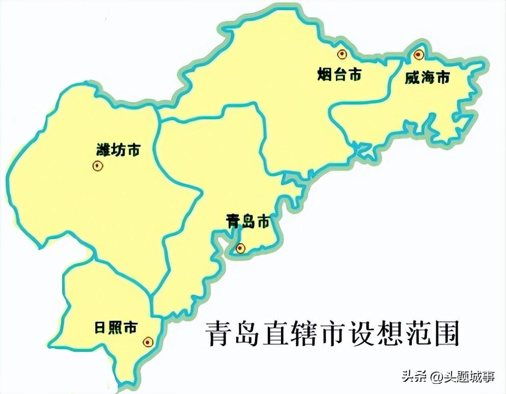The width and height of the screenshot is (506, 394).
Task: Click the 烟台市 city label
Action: pos(339,75)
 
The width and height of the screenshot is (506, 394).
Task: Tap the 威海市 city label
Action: pos(428,78)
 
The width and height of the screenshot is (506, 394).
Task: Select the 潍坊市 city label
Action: pos(118,150)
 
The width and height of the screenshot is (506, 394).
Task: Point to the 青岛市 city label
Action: pos(247,221)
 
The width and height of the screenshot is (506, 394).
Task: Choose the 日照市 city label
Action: pos(116,327)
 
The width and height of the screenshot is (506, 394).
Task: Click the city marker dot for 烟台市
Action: pos(341,53)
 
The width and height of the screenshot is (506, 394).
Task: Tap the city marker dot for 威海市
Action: pos(418,54)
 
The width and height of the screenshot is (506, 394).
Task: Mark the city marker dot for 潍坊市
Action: pos(97,165)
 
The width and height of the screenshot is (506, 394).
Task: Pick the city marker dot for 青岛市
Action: pos(240,248)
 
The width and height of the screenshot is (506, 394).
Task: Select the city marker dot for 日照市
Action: pos(147,342)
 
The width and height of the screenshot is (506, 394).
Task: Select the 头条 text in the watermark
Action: pos(413,377)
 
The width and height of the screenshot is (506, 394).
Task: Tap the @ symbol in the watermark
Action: pos(435,377)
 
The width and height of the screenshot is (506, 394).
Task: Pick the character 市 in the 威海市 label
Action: pos(443,78)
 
